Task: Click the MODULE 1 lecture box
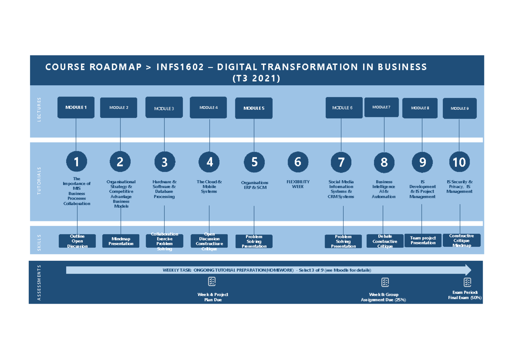click(76, 107)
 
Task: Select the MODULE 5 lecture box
click(254, 108)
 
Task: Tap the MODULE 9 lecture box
click(459, 108)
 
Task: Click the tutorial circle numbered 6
click(298, 162)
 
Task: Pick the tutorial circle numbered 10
click(459, 162)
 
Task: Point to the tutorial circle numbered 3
click(165, 162)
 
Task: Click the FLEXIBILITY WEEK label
click(298, 184)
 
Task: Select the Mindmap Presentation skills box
click(121, 241)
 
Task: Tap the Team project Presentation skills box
click(423, 240)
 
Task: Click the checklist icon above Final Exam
click(467, 282)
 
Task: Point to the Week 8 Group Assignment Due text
click(383, 297)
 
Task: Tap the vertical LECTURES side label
click(39, 110)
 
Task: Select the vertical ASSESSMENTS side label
click(39, 283)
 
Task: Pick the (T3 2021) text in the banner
click(256, 78)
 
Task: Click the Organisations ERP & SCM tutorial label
click(255, 185)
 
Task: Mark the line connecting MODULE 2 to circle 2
click(120, 134)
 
